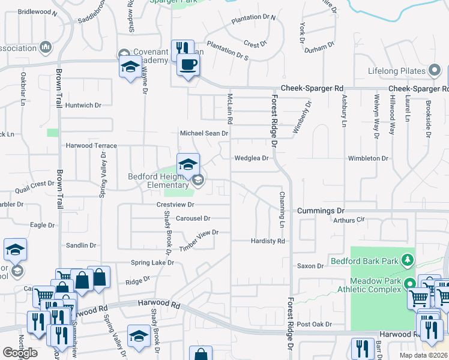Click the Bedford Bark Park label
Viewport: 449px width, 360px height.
(363, 262)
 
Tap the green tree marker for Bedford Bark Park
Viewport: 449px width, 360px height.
(408, 259)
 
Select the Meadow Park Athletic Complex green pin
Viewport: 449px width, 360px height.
(411, 284)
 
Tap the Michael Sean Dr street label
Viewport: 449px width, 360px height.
(205, 133)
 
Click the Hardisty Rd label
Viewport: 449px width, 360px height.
(268, 241)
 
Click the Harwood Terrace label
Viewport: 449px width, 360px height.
(91, 145)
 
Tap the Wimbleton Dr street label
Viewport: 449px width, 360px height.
(368, 158)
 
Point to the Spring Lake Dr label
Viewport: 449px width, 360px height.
(152, 263)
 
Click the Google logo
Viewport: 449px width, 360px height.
(20, 353)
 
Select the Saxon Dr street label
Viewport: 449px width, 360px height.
(310, 266)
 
